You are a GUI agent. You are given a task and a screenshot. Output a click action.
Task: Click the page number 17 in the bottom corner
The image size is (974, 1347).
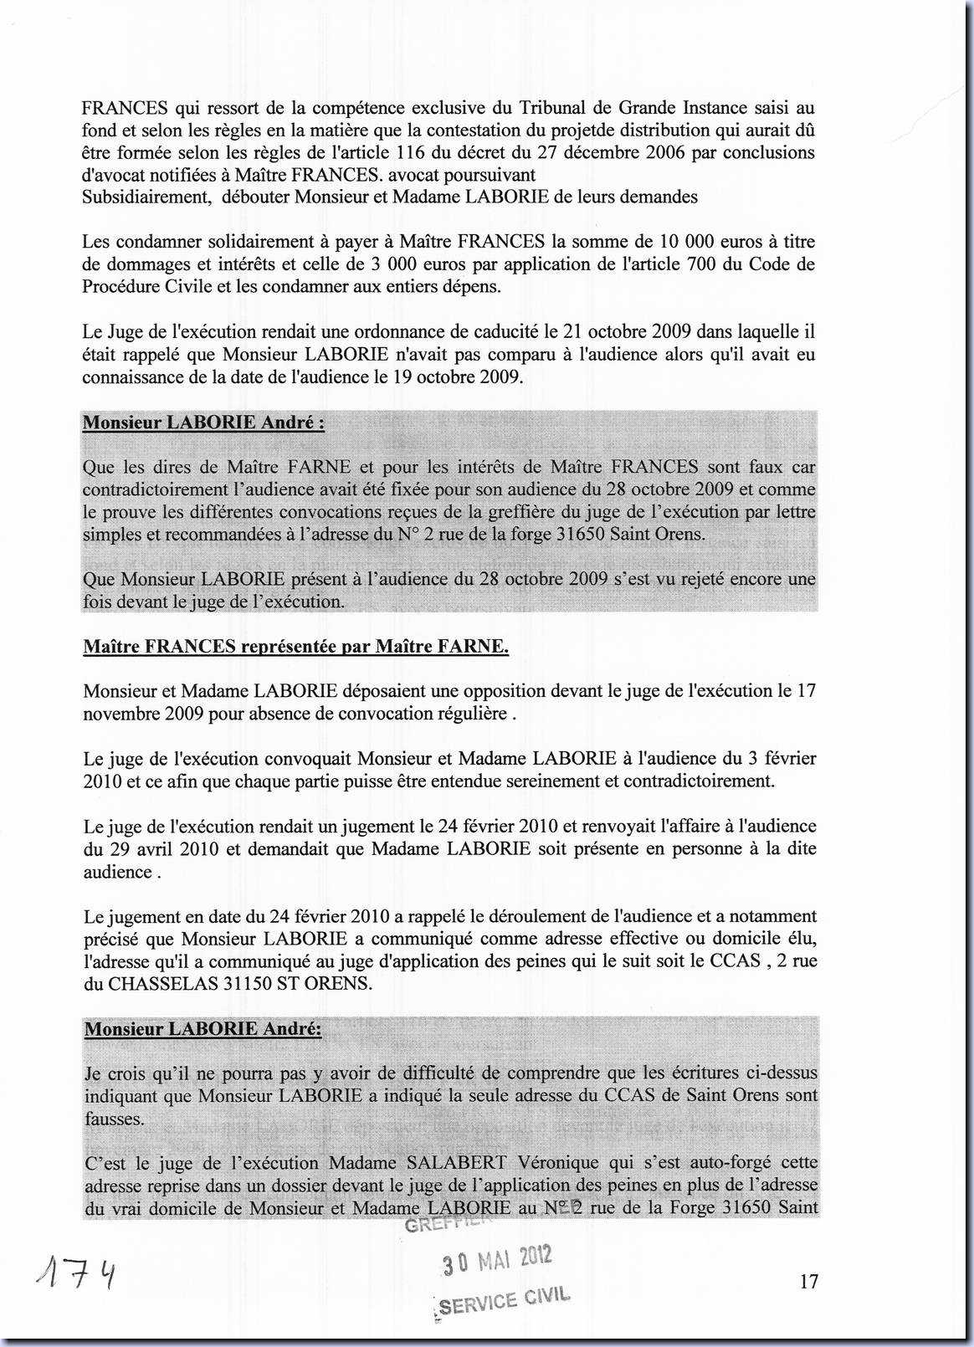tap(808, 1281)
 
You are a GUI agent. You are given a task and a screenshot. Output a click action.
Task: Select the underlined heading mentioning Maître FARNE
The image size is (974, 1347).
tap(296, 647)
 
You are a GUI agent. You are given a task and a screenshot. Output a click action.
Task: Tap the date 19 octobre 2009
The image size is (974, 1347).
tap(457, 377)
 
